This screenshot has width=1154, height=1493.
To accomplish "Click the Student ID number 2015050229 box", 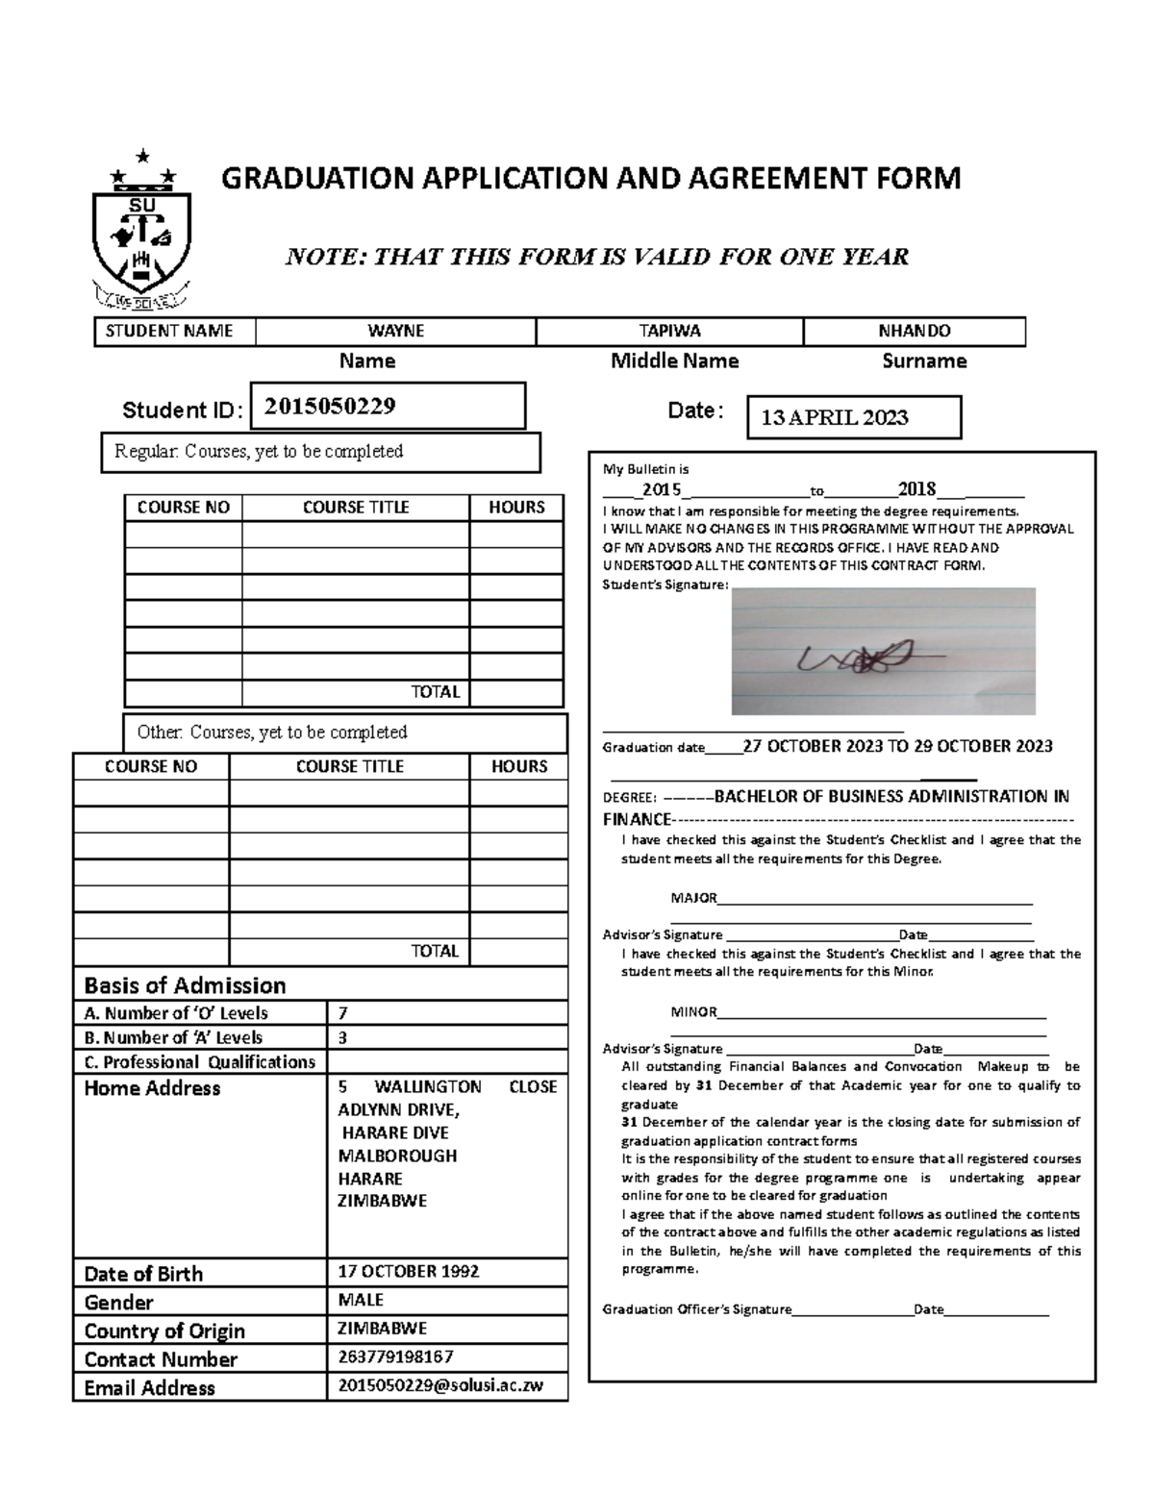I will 388,406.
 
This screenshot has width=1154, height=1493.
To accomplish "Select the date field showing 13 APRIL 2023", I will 854,417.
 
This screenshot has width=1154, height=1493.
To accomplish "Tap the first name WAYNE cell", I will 395,331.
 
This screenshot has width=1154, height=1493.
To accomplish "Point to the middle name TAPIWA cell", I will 669,331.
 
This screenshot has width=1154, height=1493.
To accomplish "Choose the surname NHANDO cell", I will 914,331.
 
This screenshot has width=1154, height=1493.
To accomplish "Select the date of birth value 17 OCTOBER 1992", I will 408,1271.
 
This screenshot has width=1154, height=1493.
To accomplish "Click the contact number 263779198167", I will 395,1356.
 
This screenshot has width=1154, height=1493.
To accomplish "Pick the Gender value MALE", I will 361,1300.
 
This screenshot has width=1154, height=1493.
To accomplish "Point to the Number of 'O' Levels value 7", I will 343,1012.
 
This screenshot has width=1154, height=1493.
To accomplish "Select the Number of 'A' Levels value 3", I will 343,1037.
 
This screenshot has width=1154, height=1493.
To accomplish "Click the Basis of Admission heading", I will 185,985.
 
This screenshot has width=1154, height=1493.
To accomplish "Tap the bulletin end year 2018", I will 916,488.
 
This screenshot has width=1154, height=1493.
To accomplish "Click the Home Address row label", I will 152,1088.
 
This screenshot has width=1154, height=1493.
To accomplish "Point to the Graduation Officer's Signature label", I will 696,1309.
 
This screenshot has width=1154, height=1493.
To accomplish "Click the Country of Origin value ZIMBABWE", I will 382,1328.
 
